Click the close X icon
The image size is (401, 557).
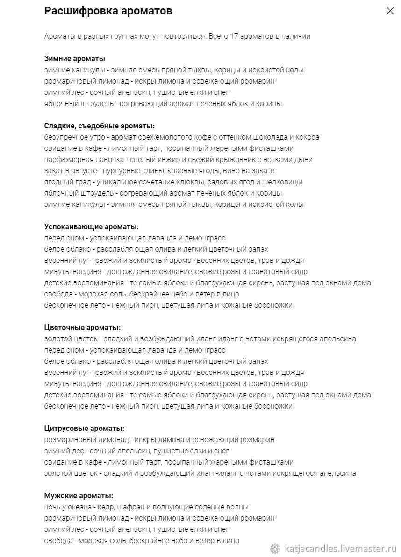390,11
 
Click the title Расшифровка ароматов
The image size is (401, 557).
108,11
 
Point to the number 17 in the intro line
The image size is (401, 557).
235,36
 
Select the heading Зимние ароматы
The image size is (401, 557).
74,59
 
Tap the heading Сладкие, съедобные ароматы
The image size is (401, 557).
99,126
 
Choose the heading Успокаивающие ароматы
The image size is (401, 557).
91,227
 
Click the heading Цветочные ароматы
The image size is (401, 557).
82,328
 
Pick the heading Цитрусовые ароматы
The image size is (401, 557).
84,429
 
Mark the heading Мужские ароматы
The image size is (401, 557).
79,496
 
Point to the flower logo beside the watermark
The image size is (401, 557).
276,549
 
